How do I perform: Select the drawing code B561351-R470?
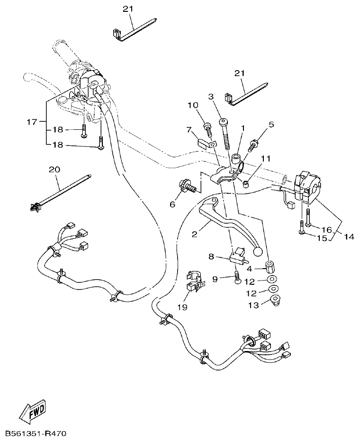(36, 433)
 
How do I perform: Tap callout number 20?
(55, 169)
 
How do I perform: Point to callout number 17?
(31, 122)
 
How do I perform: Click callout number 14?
(350, 236)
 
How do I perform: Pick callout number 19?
(182, 307)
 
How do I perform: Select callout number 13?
(254, 306)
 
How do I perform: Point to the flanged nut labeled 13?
(274, 299)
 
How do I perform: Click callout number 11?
(265, 158)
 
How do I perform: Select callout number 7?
(188, 129)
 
